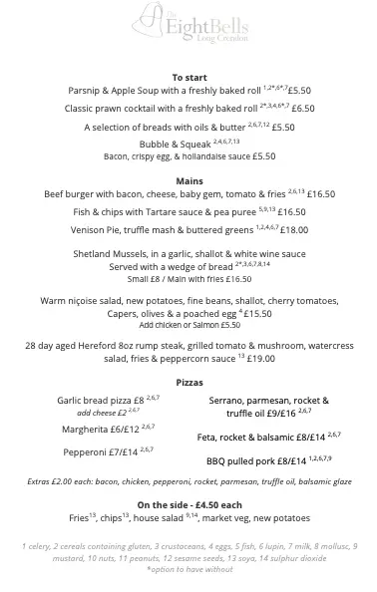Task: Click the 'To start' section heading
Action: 188,77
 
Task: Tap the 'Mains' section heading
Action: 188,180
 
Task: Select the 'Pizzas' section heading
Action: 188,383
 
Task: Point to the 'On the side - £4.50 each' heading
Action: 188,504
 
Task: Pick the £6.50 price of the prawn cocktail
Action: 302,109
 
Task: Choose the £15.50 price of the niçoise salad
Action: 257,314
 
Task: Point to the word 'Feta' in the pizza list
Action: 207,437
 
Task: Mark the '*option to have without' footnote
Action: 188,569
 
